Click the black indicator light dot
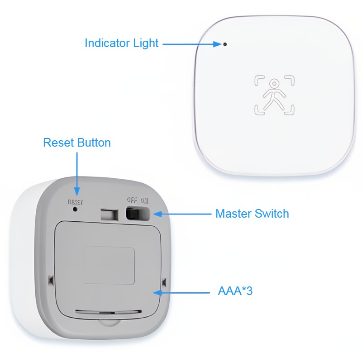(225, 44)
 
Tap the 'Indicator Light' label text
(121, 43)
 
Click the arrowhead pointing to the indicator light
(218, 44)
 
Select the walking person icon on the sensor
(275, 95)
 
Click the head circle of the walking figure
(274, 84)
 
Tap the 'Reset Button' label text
(77, 143)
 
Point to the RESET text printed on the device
(75, 202)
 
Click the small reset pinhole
(75, 209)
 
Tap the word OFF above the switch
(132, 200)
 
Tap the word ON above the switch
(144, 201)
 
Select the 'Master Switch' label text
(252, 214)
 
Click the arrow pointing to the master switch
(182, 214)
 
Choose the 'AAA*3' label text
(235, 291)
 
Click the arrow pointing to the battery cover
(181, 293)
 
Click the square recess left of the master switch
(110, 215)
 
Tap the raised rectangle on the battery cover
(109, 265)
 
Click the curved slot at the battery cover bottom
(109, 312)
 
